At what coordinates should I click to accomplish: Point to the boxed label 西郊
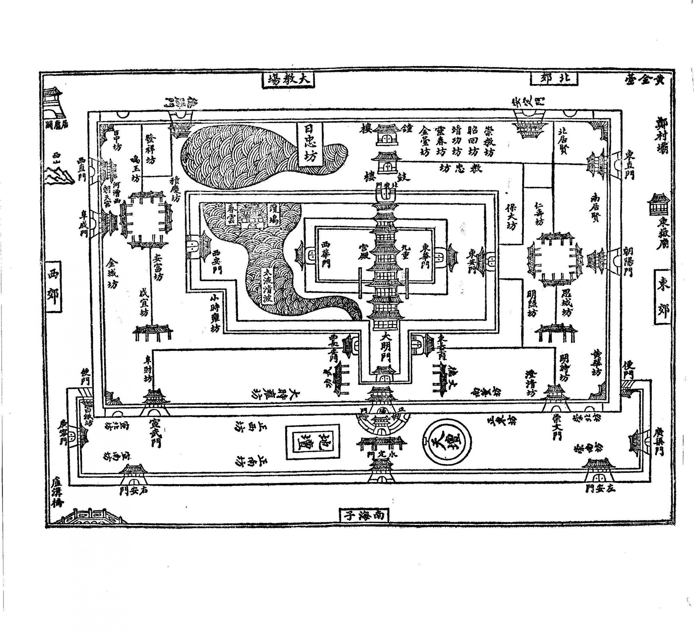click(x=54, y=286)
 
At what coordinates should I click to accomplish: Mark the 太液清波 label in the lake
click(x=267, y=285)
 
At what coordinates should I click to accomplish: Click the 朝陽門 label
click(x=628, y=262)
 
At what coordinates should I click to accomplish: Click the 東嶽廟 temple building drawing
click(x=658, y=204)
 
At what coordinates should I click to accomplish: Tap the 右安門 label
click(x=134, y=490)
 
